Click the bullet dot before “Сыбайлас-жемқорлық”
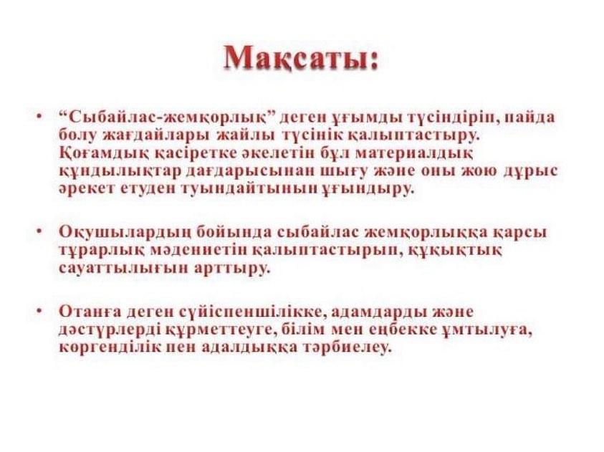pyautogui.click(x=39, y=116)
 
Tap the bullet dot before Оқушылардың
pyautogui.click(x=39, y=231)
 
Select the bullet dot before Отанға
pyautogui.click(x=39, y=310)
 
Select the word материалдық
pyautogui.click(x=413, y=153)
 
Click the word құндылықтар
pyautogui.click(x=120, y=171)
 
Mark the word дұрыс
pyautogui.click(x=530, y=171)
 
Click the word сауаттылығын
pyautogui.click(x=124, y=269)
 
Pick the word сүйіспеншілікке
pyautogui.click(x=251, y=312)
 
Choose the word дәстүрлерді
pyautogui.click(x=111, y=330)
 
